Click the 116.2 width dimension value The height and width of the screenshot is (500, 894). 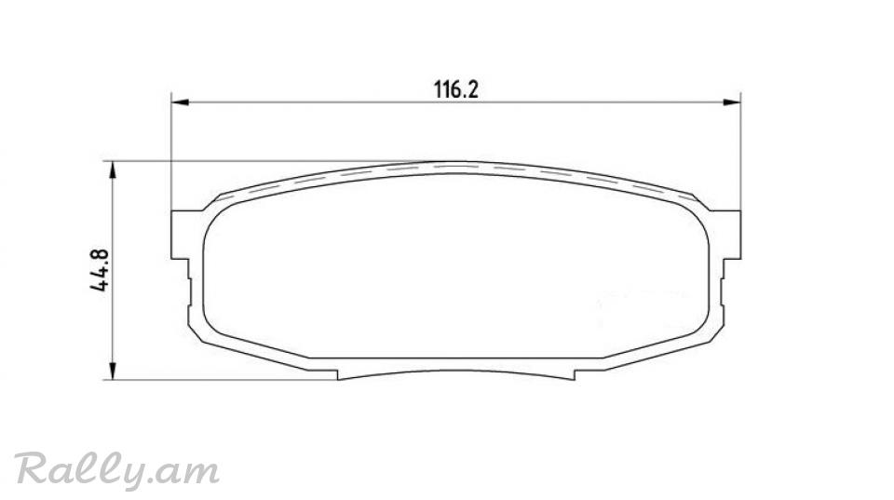pyautogui.click(x=456, y=89)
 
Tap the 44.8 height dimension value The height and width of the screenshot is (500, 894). pyautogui.click(x=100, y=270)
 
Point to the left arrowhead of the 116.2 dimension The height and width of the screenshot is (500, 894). pyautogui.click(x=180, y=102)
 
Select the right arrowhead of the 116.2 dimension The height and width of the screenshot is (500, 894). pyautogui.click(x=732, y=102)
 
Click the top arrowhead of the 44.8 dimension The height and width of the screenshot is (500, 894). pyautogui.click(x=113, y=169)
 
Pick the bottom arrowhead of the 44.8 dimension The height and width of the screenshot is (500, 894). pyautogui.click(x=113, y=371)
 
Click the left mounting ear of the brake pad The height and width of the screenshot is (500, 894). pyautogui.click(x=182, y=235)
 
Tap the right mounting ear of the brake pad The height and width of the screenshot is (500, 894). pyautogui.click(x=730, y=235)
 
